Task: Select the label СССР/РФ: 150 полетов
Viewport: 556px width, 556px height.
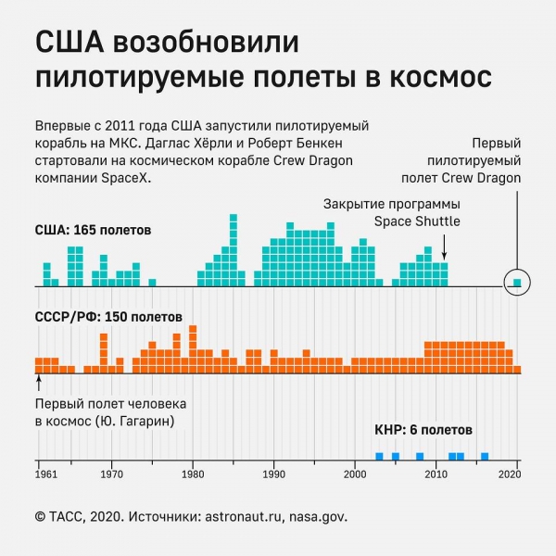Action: [x=108, y=317]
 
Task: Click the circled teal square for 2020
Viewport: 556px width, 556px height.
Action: [x=518, y=283]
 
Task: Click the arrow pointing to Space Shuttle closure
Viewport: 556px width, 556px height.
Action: [x=446, y=247]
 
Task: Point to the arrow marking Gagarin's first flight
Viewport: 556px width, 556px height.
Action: [x=39, y=382]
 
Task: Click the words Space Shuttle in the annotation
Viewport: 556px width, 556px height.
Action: [x=417, y=221]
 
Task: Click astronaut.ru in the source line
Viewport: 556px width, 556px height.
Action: [x=246, y=516]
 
